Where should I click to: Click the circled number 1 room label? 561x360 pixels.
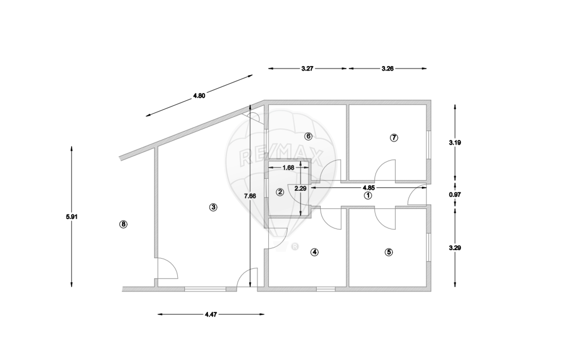click(368, 195)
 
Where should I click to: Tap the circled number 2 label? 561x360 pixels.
click(280, 192)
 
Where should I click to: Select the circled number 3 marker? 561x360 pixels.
click(213, 207)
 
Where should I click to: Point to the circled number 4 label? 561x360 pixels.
click(315, 252)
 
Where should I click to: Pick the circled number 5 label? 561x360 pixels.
click(389, 252)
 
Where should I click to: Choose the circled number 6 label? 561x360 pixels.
click(308, 136)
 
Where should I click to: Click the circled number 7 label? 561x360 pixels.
click(394, 137)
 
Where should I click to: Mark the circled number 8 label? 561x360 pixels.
click(123, 224)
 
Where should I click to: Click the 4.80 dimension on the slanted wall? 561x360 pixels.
click(199, 96)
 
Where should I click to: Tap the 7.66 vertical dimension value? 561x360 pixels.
click(250, 196)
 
